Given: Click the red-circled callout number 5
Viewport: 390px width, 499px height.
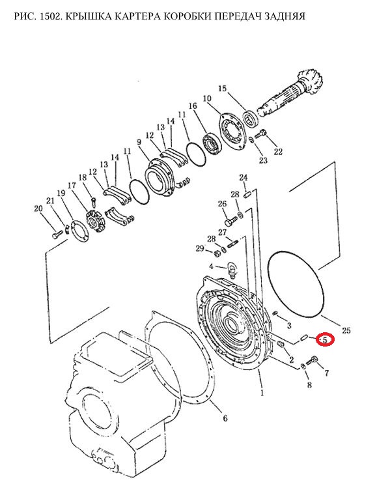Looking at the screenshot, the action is tap(325, 340).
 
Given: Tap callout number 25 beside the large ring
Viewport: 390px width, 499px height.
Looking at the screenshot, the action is tap(346, 330).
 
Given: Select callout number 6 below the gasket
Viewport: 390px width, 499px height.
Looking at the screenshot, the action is tap(225, 418).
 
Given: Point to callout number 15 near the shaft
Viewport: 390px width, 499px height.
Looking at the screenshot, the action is tap(223, 88).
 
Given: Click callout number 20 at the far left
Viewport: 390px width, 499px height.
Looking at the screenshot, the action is tap(38, 208).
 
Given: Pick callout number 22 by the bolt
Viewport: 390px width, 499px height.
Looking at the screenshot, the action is tap(278, 152).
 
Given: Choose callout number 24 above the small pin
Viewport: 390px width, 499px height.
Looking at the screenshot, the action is tap(244, 178).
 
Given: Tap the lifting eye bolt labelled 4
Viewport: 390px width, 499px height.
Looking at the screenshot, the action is tap(232, 269).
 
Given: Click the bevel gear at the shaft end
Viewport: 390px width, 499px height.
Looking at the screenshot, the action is tap(309, 83).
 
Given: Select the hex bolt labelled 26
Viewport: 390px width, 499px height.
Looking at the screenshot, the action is tap(231, 220).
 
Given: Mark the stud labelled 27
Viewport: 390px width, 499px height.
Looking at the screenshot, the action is tap(232, 246).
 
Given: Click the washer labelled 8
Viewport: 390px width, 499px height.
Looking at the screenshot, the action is tap(303, 367).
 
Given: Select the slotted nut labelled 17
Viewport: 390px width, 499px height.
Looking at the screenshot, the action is tap(95, 221).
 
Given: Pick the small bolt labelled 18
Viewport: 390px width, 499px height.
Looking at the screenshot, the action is tap(93, 202).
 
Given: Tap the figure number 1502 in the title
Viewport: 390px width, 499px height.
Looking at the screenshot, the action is tap(50, 16).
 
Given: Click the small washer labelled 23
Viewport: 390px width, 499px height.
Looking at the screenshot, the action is tap(251, 139).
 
